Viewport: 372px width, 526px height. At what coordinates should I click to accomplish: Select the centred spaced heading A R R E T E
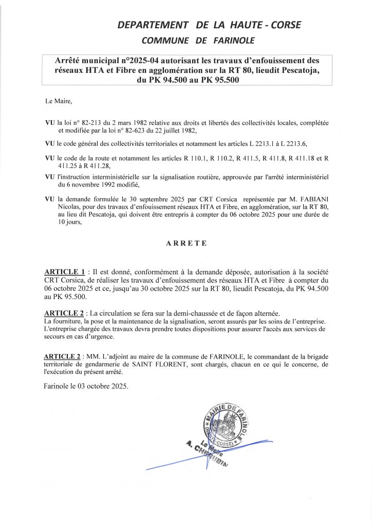click(x=186, y=245)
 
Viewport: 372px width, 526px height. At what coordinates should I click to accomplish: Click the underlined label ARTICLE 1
click(x=65, y=271)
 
